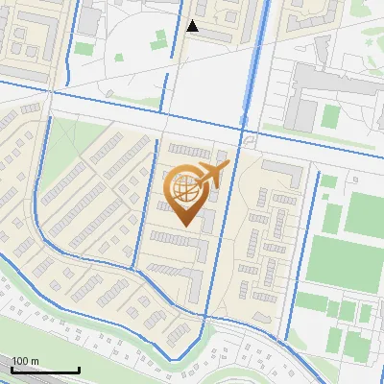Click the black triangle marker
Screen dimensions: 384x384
[192, 26]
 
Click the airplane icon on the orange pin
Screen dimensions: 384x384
[212, 175]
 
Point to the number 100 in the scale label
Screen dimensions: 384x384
[20, 361]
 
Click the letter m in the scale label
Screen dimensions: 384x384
[35, 361]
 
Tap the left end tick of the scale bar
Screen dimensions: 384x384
[12, 368]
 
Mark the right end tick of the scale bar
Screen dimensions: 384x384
[79, 368]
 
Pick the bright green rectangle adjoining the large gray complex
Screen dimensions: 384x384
[330, 116]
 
